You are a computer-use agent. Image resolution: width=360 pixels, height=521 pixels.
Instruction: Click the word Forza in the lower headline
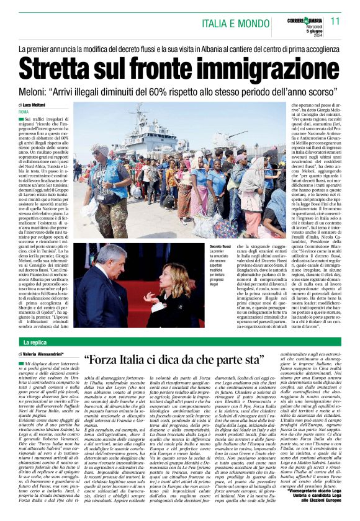coord(110,360)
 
